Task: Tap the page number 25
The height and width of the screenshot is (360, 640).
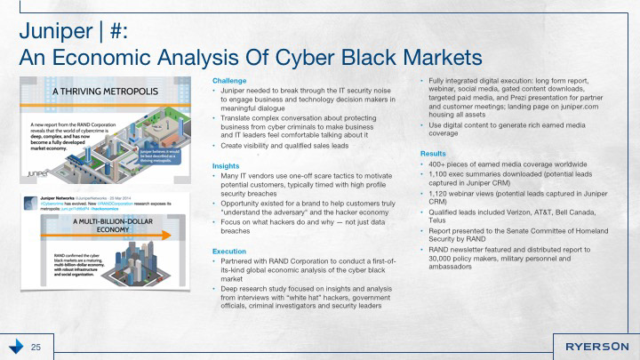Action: pos(37,346)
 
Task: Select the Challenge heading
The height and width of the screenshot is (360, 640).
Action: pos(230,81)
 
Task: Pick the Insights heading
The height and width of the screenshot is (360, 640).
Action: pos(226,166)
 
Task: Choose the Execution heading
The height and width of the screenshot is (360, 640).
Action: pos(230,252)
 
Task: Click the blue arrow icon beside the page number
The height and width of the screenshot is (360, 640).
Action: pos(15,346)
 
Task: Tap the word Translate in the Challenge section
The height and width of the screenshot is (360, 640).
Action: pos(238,116)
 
